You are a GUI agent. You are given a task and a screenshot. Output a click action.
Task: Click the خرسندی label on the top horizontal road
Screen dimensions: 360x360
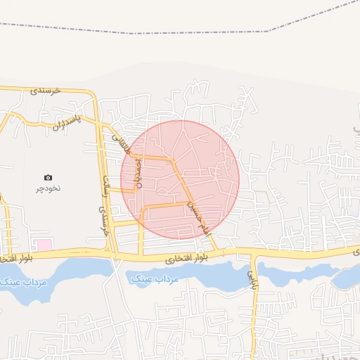[x=47, y=91]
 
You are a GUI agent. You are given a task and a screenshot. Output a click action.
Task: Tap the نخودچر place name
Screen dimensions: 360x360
[x=48, y=189]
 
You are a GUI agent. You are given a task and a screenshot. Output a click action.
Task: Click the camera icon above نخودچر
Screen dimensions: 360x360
[x=48, y=177]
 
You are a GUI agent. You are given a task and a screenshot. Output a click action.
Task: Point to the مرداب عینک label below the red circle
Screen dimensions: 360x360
[x=155, y=279]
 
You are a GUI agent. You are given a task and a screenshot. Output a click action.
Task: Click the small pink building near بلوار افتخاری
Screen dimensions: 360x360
[x=44, y=244]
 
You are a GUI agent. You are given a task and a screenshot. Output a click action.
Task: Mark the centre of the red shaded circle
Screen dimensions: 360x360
[x=180, y=180]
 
